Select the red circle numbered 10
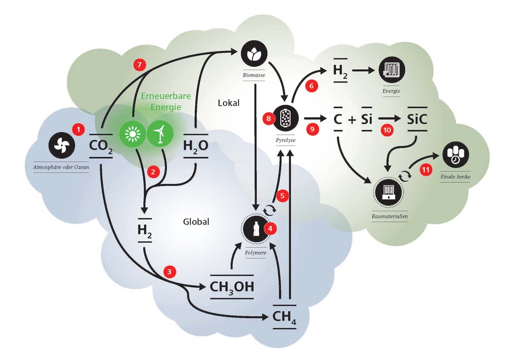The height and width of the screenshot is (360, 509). point(387,129)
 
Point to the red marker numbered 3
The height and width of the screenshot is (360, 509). point(170,271)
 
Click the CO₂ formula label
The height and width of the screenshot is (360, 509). point(101,146)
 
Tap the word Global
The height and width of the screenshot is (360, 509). point(196,222)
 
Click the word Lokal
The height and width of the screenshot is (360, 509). point(228,103)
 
